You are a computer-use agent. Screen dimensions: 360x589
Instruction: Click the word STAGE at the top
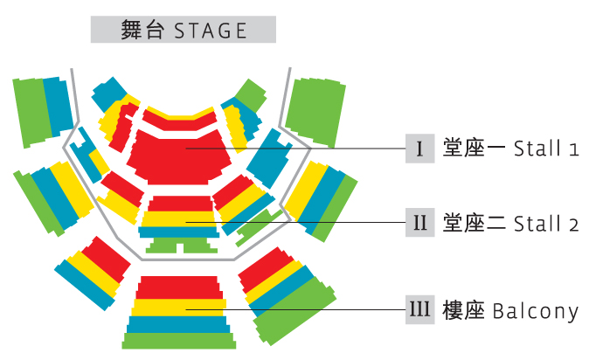click(x=211, y=31)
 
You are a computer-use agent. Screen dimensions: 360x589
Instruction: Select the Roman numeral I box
click(x=420, y=149)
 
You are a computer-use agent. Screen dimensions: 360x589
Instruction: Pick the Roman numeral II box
click(x=420, y=223)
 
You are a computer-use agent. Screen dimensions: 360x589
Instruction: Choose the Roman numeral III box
click(x=420, y=309)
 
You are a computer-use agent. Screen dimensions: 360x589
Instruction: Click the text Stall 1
click(x=547, y=149)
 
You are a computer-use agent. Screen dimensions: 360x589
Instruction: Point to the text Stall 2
click(x=547, y=224)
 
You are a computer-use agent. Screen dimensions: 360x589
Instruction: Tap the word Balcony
click(x=536, y=310)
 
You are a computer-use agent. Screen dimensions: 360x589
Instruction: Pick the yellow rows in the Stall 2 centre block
click(x=181, y=217)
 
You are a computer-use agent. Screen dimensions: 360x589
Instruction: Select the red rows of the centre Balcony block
click(x=180, y=288)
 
